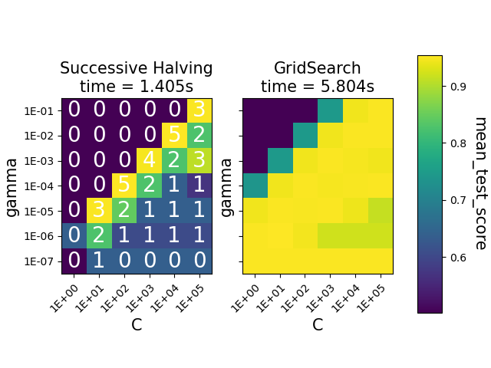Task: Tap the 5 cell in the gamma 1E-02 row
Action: (x=174, y=136)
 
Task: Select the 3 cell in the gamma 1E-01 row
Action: (x=199, y=110)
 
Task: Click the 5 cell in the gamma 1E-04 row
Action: (x=124, y=186)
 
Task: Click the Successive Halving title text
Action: (x=137, y=69)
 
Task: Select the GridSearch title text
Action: (x=318, y=69)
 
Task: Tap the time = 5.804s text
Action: (x=318, y=87)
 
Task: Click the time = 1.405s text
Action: (x=137, y=87)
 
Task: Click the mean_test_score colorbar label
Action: (x=479, y=183)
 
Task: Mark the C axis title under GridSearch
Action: (x=318, y=325)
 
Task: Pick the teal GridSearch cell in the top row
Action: (x=330, y=110)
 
